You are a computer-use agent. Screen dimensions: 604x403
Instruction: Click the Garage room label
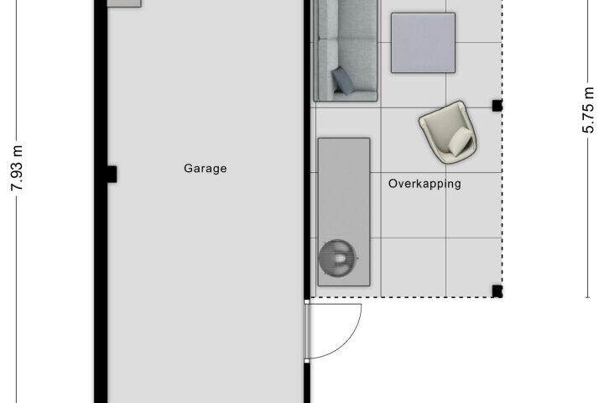(x=205, y=169)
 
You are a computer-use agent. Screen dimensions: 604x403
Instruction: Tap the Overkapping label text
(x=424, y=184)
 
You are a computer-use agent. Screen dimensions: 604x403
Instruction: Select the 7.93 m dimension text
(x=17, y=168)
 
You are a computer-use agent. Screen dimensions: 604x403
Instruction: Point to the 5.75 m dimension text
(x=588, y=110)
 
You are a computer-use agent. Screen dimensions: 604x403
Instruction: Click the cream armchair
(x=448, y=133)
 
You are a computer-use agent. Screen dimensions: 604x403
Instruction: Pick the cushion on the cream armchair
(x=461, y=142)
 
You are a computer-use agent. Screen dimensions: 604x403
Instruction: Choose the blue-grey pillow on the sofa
(x=343, y=81)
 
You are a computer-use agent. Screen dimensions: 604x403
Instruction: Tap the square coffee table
(x=423, y=43)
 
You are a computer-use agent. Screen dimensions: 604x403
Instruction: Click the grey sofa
(x=346, y=50)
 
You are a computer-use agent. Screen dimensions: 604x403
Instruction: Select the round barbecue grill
(x=337, y=258)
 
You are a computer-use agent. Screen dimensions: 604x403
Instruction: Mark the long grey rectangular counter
(x=344, y=212)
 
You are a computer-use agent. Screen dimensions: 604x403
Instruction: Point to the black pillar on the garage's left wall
(x=112, y=174)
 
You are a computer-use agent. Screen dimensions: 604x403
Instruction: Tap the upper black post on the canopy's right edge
(x=497, y=105)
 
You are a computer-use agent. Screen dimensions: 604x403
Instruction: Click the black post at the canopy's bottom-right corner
(x=497, y=291)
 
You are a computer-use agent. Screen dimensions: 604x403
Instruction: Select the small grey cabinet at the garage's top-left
(x=124, y=3)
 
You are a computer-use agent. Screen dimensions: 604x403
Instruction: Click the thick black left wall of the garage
(x=101, y=201)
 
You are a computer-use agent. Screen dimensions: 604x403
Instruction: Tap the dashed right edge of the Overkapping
(x=502, y=149)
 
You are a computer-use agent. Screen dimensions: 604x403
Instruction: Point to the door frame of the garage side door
(x=307, y=332)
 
